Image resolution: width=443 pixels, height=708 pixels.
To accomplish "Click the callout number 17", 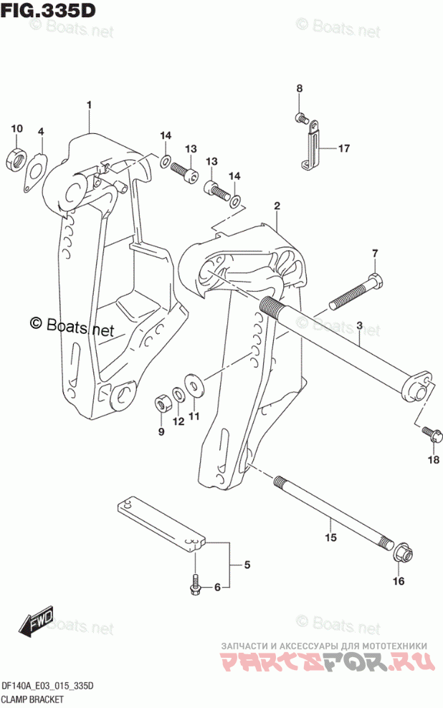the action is (x=343, y=148).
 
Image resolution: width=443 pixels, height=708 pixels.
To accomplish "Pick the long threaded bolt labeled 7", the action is (x=357, y=292).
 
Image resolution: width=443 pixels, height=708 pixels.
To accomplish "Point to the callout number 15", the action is (x=331, y=537).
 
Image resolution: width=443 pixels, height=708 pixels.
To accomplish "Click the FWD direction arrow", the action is (x=36, y=621).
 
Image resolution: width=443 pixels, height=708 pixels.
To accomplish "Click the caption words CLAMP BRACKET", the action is (x=32, y=700).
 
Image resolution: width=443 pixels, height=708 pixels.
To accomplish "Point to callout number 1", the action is (x=90, y=105).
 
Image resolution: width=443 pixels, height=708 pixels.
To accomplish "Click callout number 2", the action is (x=277, y=206).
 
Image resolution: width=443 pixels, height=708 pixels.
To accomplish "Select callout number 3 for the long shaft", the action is (x=359, y=325).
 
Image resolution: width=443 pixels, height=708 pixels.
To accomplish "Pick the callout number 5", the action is (x=247, y=565).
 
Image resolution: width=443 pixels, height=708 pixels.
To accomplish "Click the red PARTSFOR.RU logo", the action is (x=328, y=662).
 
